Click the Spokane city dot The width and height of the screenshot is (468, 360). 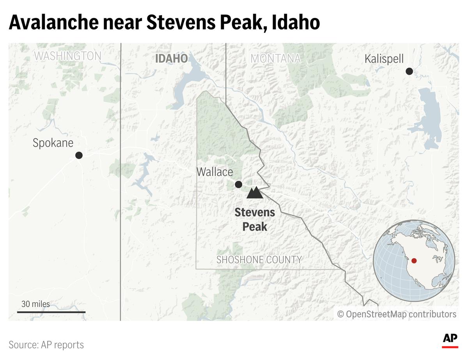point(79,155)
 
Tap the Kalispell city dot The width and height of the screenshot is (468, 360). point(409,71)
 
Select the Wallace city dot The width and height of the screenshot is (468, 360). point(239,184)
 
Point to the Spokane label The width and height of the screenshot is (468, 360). point(53,143)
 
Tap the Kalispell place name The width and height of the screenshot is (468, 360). point(384,59)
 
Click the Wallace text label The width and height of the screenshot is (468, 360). point(214,172)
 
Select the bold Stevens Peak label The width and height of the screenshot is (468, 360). point(255,219)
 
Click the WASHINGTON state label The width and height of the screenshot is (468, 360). point(67,56)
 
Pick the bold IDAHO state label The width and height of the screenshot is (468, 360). point(171,58)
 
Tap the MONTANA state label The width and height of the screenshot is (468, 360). point(275,59)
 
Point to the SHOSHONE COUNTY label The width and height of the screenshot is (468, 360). point(259,259)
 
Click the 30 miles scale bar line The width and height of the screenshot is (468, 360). point(51,312)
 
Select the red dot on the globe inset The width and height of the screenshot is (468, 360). point(414,261)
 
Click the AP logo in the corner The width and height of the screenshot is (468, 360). point(450,340)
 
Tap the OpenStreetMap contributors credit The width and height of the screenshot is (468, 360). point(397,314)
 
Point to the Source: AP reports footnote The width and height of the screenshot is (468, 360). point(46,345)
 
